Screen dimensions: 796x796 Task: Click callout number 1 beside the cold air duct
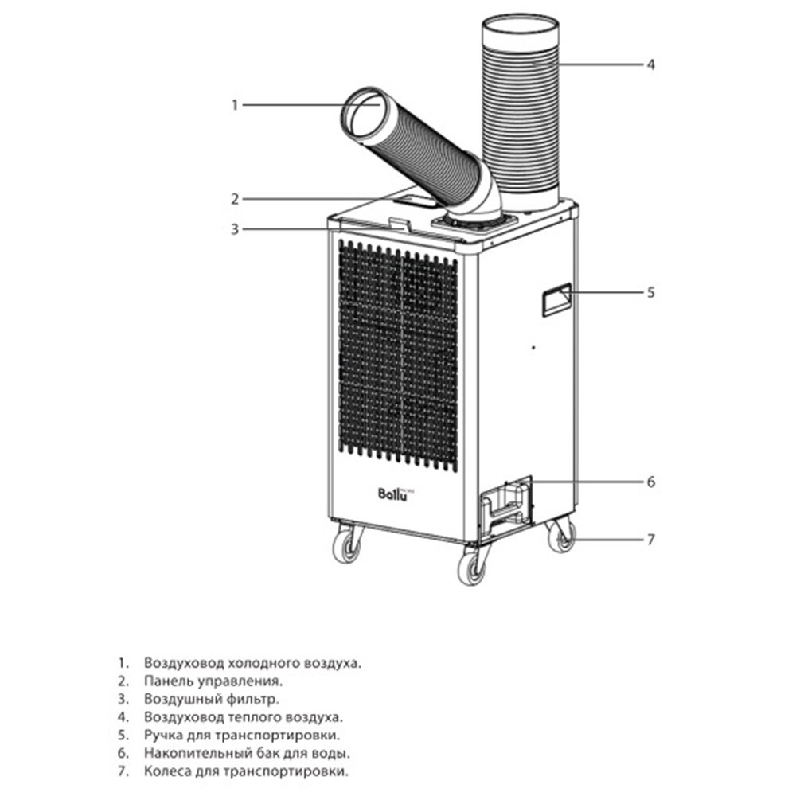click(x=235, y=105)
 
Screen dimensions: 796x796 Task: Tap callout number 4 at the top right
click(x=651, y=64)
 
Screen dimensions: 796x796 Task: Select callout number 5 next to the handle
click(x=651, y=292)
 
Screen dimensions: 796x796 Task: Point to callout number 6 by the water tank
click(x=651, y=482)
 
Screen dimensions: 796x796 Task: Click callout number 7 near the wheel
click(x=651, y=539)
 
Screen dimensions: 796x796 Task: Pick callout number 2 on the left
click(x=235, y=199)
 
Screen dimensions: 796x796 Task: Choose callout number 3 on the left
click(x=235, y=229)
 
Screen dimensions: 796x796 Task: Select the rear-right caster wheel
click(x=561, y=536)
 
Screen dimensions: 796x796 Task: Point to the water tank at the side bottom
click(x=505, y=507)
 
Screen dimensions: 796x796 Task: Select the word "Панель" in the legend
click(x=167, y=681)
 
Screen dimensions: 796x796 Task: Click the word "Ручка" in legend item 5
click(x=163, y=735)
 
